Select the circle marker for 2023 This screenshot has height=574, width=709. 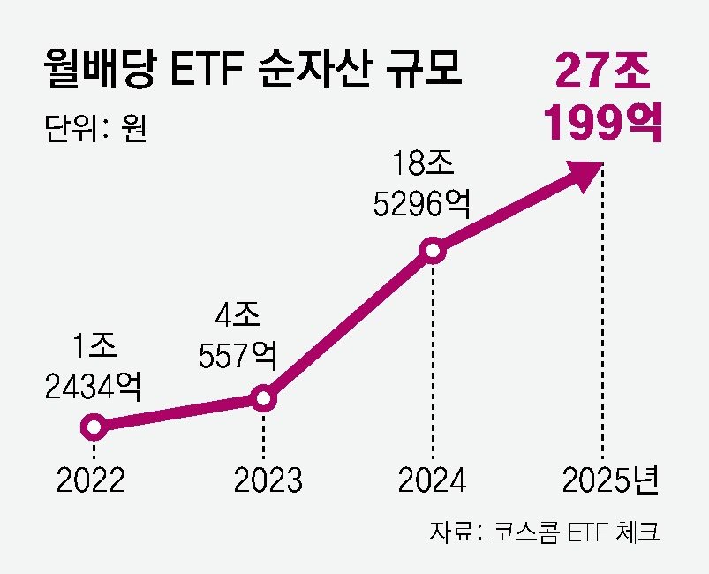[x=263, y=399]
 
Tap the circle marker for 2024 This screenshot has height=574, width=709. [x=433, y=252]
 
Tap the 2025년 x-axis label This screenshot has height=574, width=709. [x=610, y=480]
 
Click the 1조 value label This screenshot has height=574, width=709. [x=91, y=346]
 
